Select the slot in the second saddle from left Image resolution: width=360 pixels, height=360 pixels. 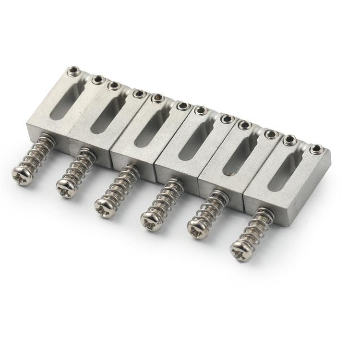click(x=106, y=113)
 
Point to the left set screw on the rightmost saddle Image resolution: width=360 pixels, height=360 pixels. click(x=289, y=140)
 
